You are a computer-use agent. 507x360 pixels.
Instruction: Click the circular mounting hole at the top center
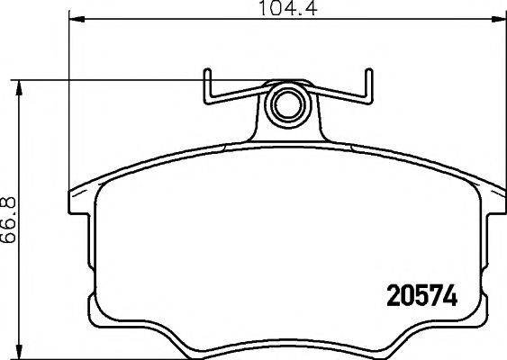287,103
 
